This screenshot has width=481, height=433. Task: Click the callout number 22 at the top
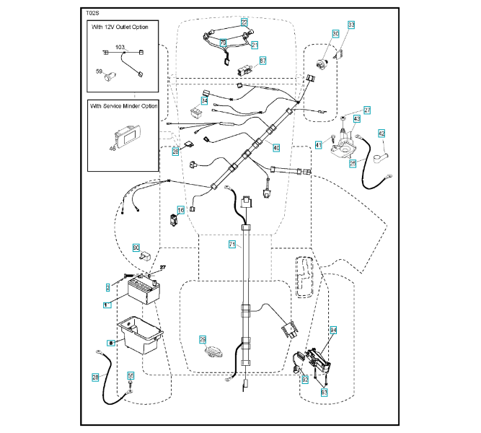click(x=244, y=23)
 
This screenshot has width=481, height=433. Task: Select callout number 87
click(x=262, y=61)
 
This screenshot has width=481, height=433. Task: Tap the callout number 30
click(x=335, y=34)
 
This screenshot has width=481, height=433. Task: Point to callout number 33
click(x=352, y=25)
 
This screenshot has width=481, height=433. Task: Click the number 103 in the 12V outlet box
click(x=120, y=47)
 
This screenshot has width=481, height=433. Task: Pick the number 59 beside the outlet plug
click(x=100, y=71)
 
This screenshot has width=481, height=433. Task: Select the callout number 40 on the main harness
click(x=276, y=147)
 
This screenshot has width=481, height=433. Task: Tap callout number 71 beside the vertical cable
click(x=232, y=245)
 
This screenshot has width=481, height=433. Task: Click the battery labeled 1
click(x=148, y=291)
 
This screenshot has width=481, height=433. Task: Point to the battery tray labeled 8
click(x=138, y=331)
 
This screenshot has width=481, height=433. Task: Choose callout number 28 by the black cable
click(x=95, y=377)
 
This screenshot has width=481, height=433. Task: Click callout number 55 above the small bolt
click(x=131, y=375)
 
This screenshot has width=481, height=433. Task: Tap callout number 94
click(x=334, y=330)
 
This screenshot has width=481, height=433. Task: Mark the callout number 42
click(x=381, y=133)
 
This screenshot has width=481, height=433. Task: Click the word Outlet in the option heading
click(x=124, y=27)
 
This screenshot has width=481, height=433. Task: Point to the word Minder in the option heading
click(x=127, y=106)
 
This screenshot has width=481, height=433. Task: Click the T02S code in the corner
click(x=94, y=14)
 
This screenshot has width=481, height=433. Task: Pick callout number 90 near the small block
click(x=136, y=248)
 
